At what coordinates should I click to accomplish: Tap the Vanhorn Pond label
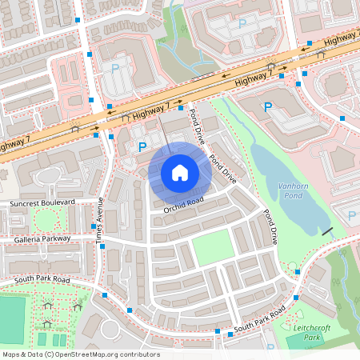click(x=293, y=190)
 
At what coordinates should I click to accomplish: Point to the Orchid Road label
click(x=183, y=206)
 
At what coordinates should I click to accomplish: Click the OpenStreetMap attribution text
click(x=80, y=354)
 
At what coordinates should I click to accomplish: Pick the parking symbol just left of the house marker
click(x=142, y=146)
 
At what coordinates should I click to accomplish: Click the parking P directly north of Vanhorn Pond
click(x=268, y=106)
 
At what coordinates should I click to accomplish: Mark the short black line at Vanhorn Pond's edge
click(x=326, y=230)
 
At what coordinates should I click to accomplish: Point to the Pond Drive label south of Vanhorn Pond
click(x=270, y=226)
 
